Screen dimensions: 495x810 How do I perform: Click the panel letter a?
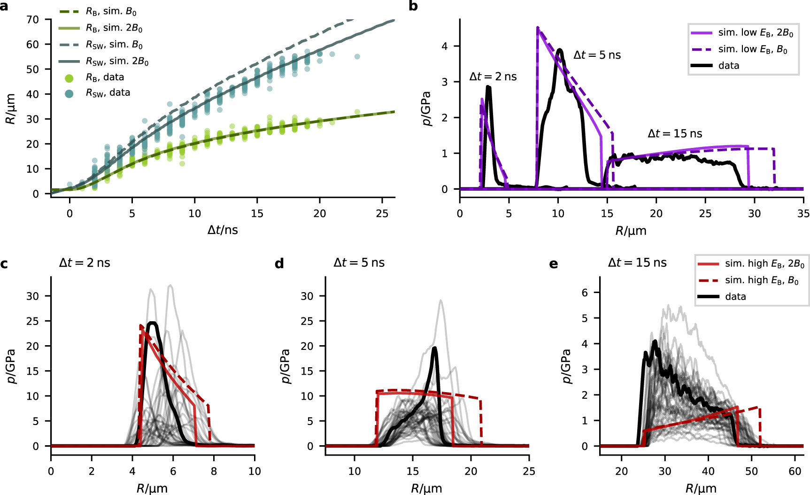coord(4,6)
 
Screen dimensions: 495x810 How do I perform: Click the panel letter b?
coord(413,6)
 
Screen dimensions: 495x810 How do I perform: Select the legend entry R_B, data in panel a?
coord(105,77)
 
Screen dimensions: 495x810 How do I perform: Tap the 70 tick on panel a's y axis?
coord(33,20)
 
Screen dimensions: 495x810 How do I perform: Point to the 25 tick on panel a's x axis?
coord(382,214)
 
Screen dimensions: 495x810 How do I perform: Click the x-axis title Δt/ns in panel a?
coord(223,230)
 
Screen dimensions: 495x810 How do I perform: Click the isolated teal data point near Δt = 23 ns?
coord(357,57)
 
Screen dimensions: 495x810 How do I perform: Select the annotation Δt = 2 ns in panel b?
coord(493,77)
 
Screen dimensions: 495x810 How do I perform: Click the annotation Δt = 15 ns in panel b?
coord(675,134)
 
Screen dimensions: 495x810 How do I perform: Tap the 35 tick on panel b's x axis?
coord(803,214)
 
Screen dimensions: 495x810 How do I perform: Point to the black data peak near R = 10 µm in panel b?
coord(559,49)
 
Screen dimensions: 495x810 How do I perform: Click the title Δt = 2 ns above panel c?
coord(85,263)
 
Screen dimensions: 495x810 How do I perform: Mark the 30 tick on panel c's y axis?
coord(33,296)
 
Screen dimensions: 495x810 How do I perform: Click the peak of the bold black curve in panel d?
coord(434,348)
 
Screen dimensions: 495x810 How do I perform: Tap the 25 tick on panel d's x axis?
coord(529,472)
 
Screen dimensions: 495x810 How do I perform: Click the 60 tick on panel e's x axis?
coord(795,472)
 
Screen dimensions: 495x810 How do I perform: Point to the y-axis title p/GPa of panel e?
coord(567,366)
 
